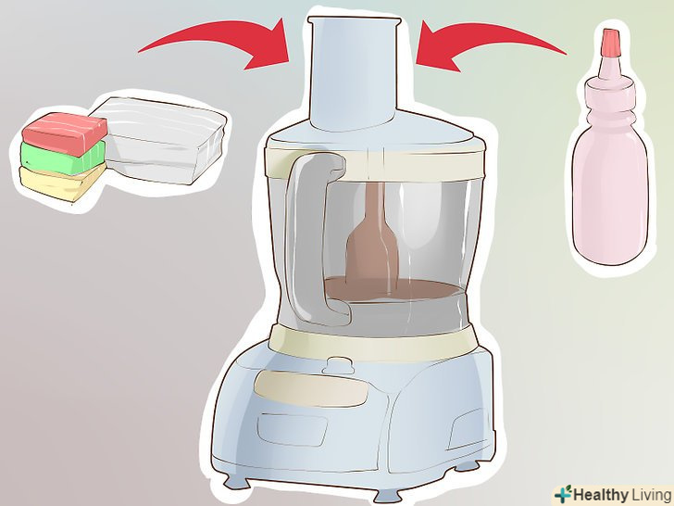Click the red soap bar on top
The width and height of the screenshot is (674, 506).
click(65, 133)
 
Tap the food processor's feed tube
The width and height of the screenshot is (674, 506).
click(354, 73)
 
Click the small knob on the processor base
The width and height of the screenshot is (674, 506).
click(338, 365)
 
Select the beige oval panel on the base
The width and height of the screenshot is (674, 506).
click(311, 388)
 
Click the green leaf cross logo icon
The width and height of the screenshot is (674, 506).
click(563, 494)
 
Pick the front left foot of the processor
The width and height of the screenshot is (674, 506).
click(234, 480)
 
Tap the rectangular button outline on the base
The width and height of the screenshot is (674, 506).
click(293, 429)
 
